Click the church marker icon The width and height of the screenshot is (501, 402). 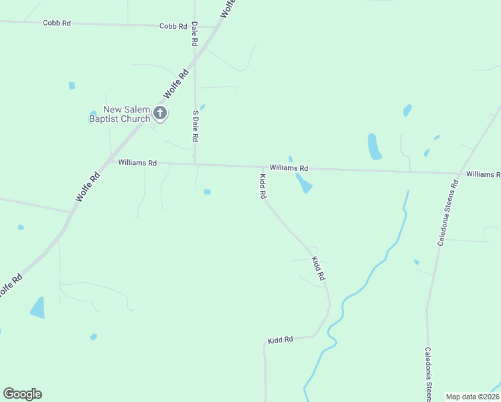[159, 113]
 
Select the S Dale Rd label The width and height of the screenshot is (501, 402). [196, 126]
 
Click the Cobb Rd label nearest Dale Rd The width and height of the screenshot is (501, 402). [173, 26]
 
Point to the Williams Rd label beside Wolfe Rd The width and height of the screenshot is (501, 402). [137, 163]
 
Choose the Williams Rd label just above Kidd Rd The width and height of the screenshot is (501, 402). [289, 168]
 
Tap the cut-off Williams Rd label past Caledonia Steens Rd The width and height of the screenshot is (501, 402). [483, 174]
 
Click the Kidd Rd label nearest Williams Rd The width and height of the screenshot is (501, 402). [263, 187]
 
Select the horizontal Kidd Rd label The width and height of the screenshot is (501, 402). [281, 340]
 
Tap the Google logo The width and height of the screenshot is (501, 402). [22, 394]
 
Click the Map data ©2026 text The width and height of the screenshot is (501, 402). [472, 397]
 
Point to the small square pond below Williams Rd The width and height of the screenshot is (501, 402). [208, 192]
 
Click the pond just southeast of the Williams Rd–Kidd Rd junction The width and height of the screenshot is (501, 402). [304, 184]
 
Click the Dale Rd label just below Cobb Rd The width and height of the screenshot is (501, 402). [195, 33]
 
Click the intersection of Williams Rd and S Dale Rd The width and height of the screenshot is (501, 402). [195, 164]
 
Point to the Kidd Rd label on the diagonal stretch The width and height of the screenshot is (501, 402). [318, 268]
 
